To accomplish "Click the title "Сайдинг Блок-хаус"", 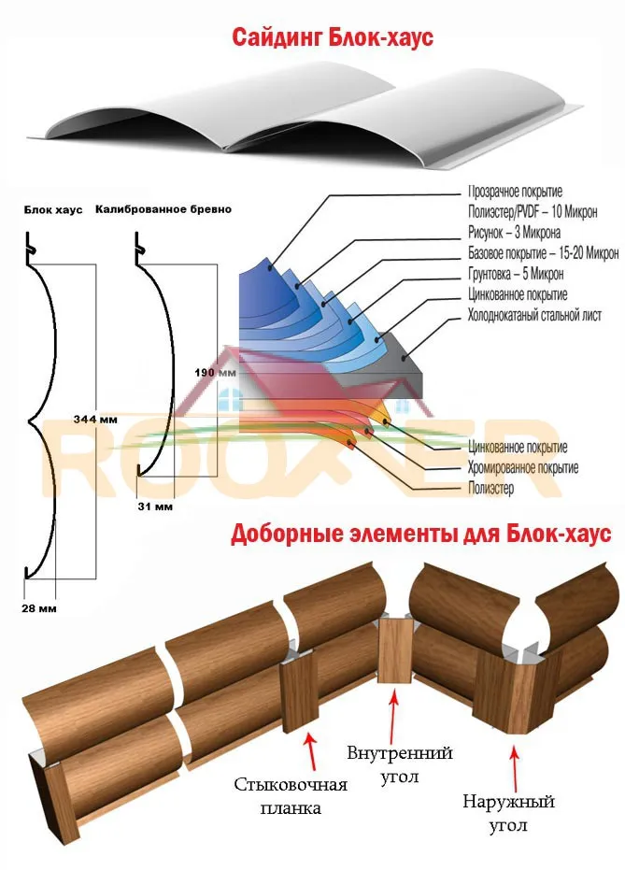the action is [333, 37].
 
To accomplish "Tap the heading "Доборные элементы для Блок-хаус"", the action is [421, 534].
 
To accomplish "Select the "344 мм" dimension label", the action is [95, 420].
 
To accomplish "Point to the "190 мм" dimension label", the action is [215, 372].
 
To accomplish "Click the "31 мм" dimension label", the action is [155, 506].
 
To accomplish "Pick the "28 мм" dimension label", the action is [39, 608].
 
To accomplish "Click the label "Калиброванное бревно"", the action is [163, 209].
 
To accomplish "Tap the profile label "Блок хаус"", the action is [53, 209].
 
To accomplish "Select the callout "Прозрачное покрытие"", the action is [515, 192].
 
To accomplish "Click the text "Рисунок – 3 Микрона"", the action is [514, 232].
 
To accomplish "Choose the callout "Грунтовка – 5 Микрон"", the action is [516, 274].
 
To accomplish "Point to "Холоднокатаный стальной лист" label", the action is [534, 315].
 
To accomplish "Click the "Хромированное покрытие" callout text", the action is [523, 468].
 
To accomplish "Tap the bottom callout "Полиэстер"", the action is [490, 488].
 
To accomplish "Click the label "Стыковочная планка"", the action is [291, 795].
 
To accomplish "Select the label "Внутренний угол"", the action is [400, 764].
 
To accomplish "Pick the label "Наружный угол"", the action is [508, 813].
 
